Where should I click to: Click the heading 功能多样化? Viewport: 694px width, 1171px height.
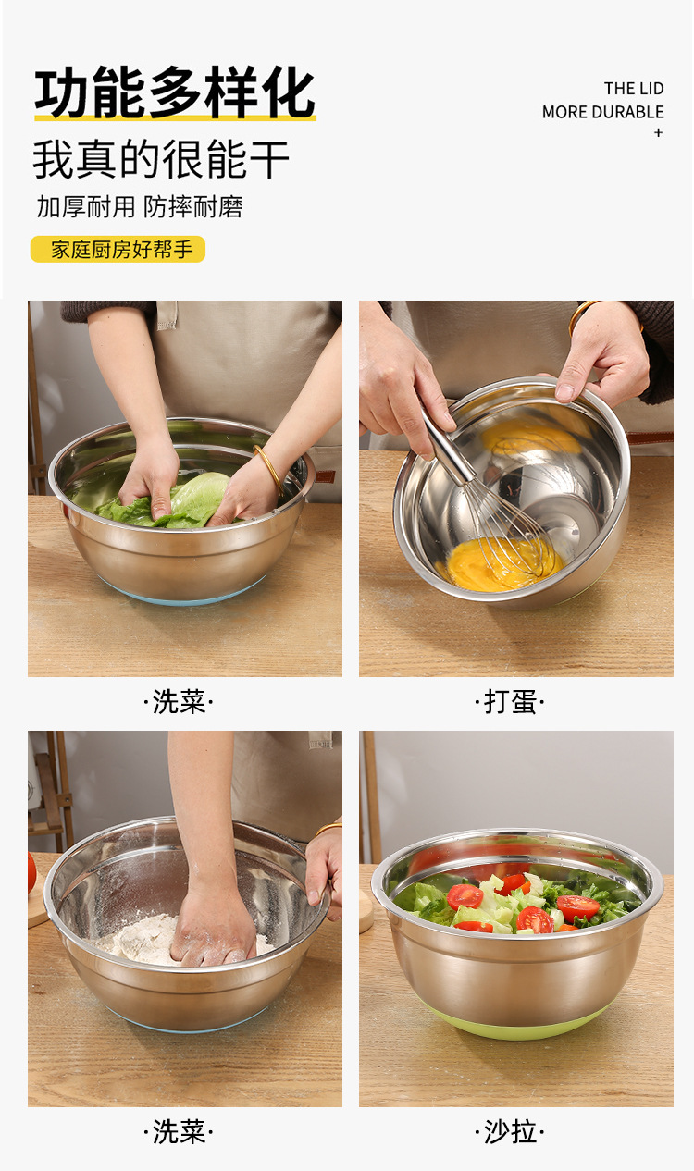[x=175, y=92]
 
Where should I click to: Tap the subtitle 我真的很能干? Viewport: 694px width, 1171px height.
[x=161, y=159]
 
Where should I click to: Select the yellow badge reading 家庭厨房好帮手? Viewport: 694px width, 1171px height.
[x=118, y=249]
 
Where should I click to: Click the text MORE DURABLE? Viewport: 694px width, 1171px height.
[x=602, y=112]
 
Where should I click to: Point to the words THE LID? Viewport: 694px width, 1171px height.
[x=634, y=89]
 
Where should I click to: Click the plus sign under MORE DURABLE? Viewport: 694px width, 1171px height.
[x=658, y=133]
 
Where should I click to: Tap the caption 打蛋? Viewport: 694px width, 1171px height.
[x=510, y=701]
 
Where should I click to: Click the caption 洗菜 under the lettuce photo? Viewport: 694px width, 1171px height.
[x=179, y=701]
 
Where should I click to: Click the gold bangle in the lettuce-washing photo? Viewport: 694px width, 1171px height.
[x=269, y=467]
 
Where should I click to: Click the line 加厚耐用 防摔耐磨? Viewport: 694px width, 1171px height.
[x=140, y=207]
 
